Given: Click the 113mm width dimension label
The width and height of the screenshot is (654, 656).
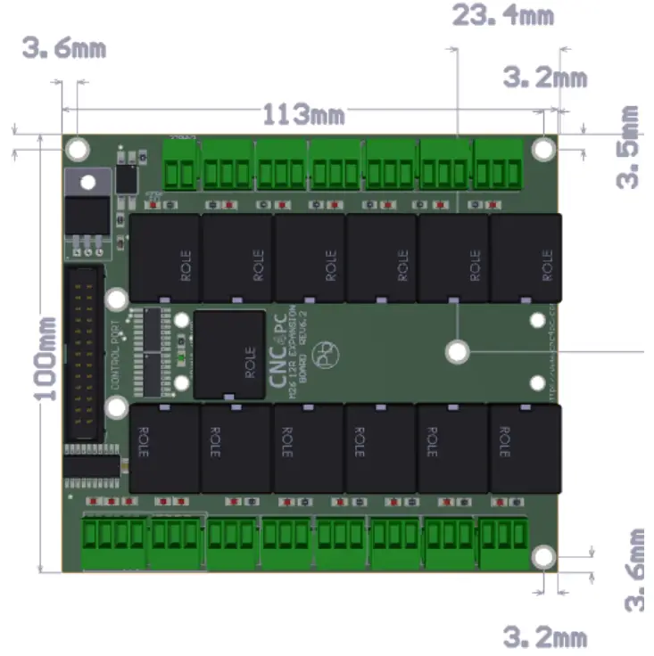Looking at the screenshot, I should [x=303, y=114].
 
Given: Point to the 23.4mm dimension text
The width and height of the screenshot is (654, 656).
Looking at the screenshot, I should [x=502, y=15].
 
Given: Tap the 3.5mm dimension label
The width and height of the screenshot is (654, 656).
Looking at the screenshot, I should [x=630, y=147].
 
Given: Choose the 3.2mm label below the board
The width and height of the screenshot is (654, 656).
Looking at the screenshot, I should [x=545, y=636].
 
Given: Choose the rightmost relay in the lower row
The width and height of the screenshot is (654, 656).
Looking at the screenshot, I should [x=524, y=448].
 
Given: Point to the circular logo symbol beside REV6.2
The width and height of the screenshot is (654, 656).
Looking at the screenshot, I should [x=328, y=353].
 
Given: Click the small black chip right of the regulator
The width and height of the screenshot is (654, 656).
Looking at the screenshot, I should [x=128, y=178].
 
